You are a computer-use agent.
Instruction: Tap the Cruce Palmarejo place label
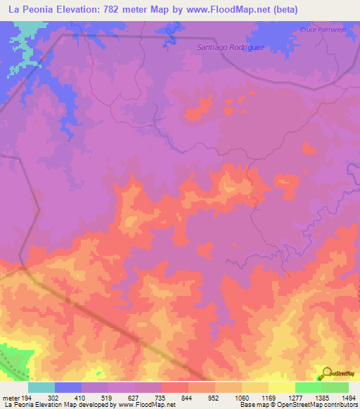(325, 30)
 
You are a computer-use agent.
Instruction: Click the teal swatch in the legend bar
(41, 387)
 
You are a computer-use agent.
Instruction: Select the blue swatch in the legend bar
(68, 387)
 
